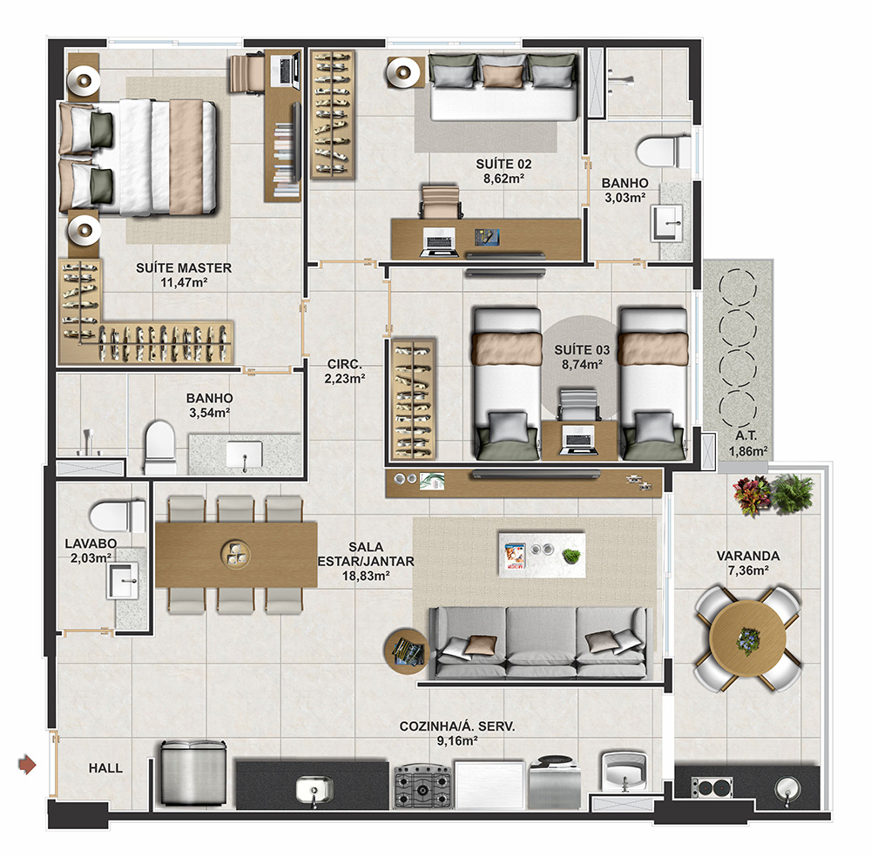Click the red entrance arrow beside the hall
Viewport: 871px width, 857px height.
27,765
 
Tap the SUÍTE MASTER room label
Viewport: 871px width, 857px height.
184,267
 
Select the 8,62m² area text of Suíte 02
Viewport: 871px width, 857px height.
503,179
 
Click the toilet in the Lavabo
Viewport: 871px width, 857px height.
118,516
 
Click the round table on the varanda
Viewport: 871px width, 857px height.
747,638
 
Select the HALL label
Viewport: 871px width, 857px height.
105,768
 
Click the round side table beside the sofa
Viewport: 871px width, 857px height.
406,651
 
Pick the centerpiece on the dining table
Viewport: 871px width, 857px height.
235,554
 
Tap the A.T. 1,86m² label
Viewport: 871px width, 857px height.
747,443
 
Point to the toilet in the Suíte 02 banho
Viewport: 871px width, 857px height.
664,151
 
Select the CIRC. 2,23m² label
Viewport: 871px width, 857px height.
345,371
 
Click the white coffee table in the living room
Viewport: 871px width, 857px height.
542,555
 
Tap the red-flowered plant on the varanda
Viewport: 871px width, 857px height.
752,495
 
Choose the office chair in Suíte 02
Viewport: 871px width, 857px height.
441,201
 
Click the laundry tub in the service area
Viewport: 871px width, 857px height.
625,769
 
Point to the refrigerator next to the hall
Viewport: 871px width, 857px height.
193,773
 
